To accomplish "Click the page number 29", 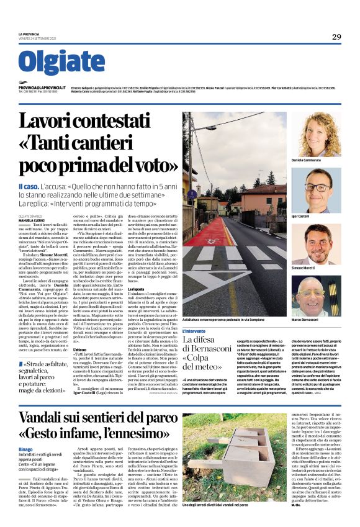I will coord(336,37).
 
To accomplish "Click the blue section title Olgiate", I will coord(61,61).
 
